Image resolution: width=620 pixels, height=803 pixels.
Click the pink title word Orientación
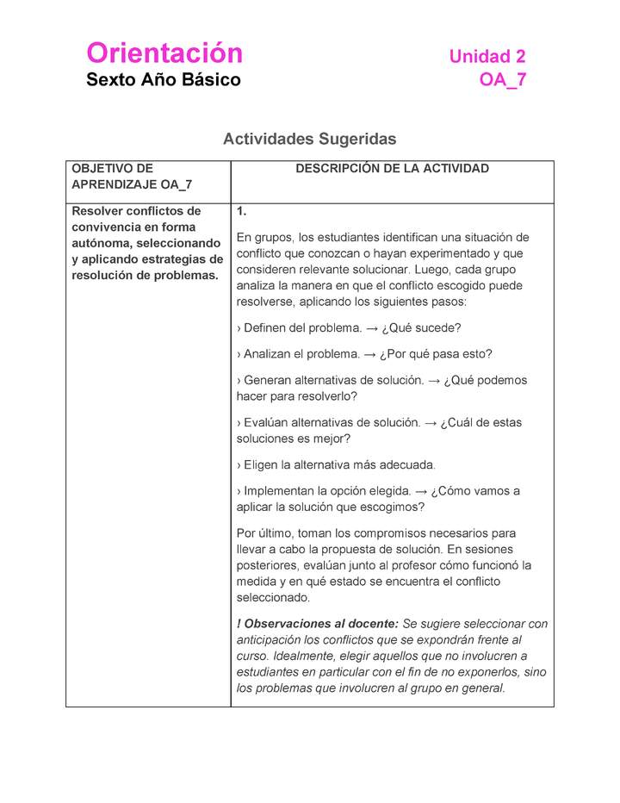point(164,53)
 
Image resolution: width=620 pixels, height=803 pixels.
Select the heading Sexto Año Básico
point(164,81)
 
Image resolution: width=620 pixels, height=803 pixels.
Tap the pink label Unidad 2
point(487,57)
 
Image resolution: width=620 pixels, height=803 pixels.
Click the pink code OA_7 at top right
point(503,81)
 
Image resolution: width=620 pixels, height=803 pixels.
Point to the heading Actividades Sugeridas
point(309,139)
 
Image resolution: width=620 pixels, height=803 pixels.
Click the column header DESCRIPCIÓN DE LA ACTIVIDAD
point(392,169)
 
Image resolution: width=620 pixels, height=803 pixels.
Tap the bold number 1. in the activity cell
point(242,211)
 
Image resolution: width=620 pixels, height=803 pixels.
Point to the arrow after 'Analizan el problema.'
point(372,354)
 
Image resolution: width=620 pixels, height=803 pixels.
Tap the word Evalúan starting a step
point(267,423)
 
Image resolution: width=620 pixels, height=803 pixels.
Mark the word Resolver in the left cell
point(97,211)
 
